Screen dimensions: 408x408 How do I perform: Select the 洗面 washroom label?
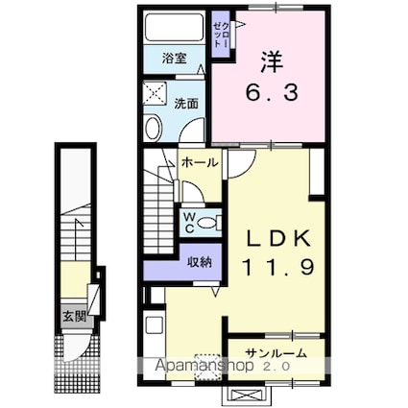186,103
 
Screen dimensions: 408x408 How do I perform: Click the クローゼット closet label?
220,34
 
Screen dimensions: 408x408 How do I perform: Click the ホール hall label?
200,163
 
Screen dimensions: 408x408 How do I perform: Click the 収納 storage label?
199,261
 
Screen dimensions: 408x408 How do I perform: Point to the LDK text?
276,238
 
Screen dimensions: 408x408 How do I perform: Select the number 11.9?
276,269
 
